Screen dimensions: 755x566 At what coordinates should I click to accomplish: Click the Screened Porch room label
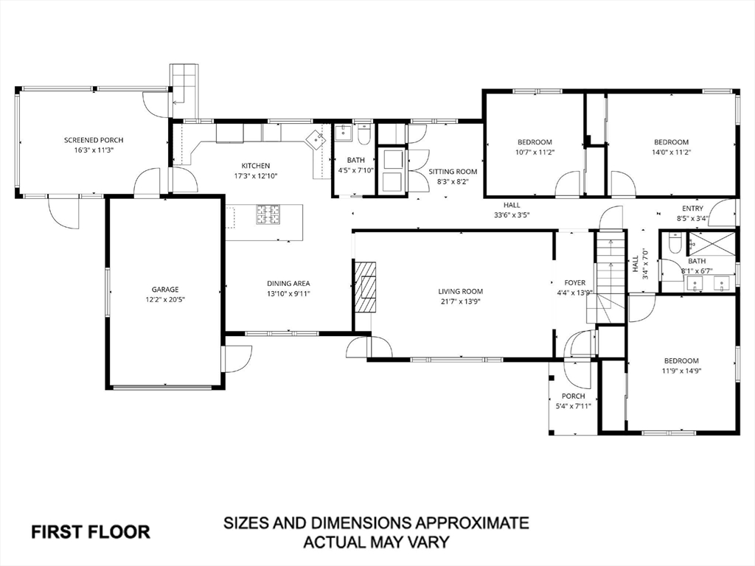(x=94, y=140)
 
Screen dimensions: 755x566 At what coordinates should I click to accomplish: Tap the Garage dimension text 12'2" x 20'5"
(x=165, y=299)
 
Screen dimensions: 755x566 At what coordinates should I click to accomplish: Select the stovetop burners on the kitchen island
(x=268, y=214)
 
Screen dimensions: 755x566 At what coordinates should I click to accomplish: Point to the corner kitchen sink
(x=316, y=139)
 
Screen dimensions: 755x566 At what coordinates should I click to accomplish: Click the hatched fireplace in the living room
(x=365, y=287)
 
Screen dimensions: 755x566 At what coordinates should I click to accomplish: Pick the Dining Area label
(x=288, y=284)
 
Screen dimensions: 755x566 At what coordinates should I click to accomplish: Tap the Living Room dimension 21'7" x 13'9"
(x=460, y=301)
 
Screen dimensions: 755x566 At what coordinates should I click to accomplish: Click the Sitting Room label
(x=453, y=171)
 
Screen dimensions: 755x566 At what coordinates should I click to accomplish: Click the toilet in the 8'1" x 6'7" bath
(x=675, y=243)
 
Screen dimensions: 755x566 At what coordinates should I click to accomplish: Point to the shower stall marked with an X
(x=711, y=245)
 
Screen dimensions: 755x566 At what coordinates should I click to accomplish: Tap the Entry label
(x=692, y=209)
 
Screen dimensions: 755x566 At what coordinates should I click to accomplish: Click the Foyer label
(x=575, y=283)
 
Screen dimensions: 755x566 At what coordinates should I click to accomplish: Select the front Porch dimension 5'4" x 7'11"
(x=573, y=406)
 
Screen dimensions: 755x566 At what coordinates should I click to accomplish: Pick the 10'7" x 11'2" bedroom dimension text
(x=535, y=152)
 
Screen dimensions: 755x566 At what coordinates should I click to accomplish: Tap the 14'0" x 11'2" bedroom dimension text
(x=671, y=152)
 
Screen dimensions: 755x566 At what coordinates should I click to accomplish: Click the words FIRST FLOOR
(x=91, y=532)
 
